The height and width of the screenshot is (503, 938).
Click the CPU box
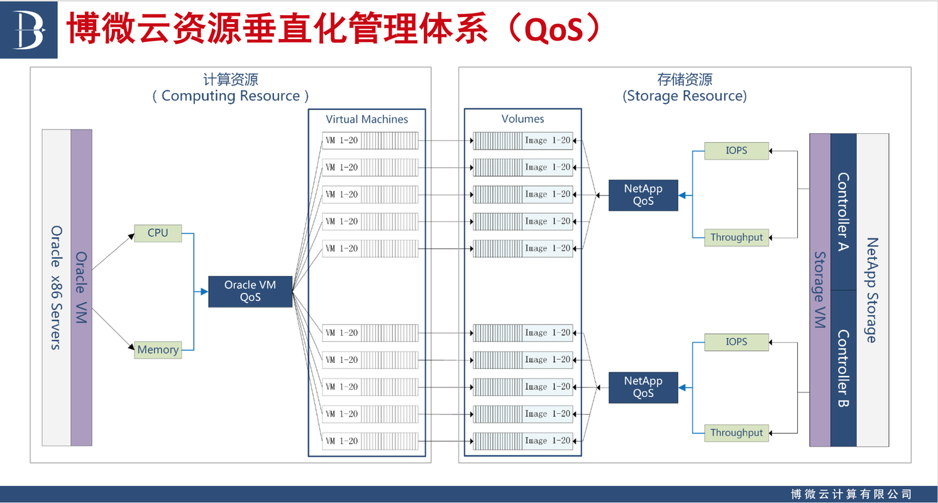click(x=158, y=233)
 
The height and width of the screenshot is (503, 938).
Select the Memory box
click(x=158, y=350)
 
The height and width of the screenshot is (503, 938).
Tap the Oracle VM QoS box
click(x=250, y=292)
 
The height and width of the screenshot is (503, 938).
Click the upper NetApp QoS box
click(x=643, y=195)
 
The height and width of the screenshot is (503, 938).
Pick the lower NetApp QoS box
click(x=643, y=387)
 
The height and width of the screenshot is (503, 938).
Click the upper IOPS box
click(x=737, y=151)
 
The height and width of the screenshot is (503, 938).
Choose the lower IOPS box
click(x=737, y=342)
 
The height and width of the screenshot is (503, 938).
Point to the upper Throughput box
click(x=737, y=238)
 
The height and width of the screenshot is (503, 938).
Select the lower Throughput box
click(x=737, y=433)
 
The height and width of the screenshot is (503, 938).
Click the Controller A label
click(x=843, y=211)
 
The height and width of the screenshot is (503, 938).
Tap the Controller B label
click(x=843, y=368)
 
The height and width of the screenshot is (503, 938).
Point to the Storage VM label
click(x=820, y=290)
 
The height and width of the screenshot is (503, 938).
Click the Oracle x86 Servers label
click(x=56, y=288)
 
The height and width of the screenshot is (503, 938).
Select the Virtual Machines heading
click(x=367, y=119)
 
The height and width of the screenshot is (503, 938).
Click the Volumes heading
click(x=522, y=119)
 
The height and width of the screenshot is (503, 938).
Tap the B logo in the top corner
click(x=28, y=30)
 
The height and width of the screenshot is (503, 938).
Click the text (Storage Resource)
click(x=685, y=96)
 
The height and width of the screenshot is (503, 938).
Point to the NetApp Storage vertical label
click(x=872, y=290)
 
